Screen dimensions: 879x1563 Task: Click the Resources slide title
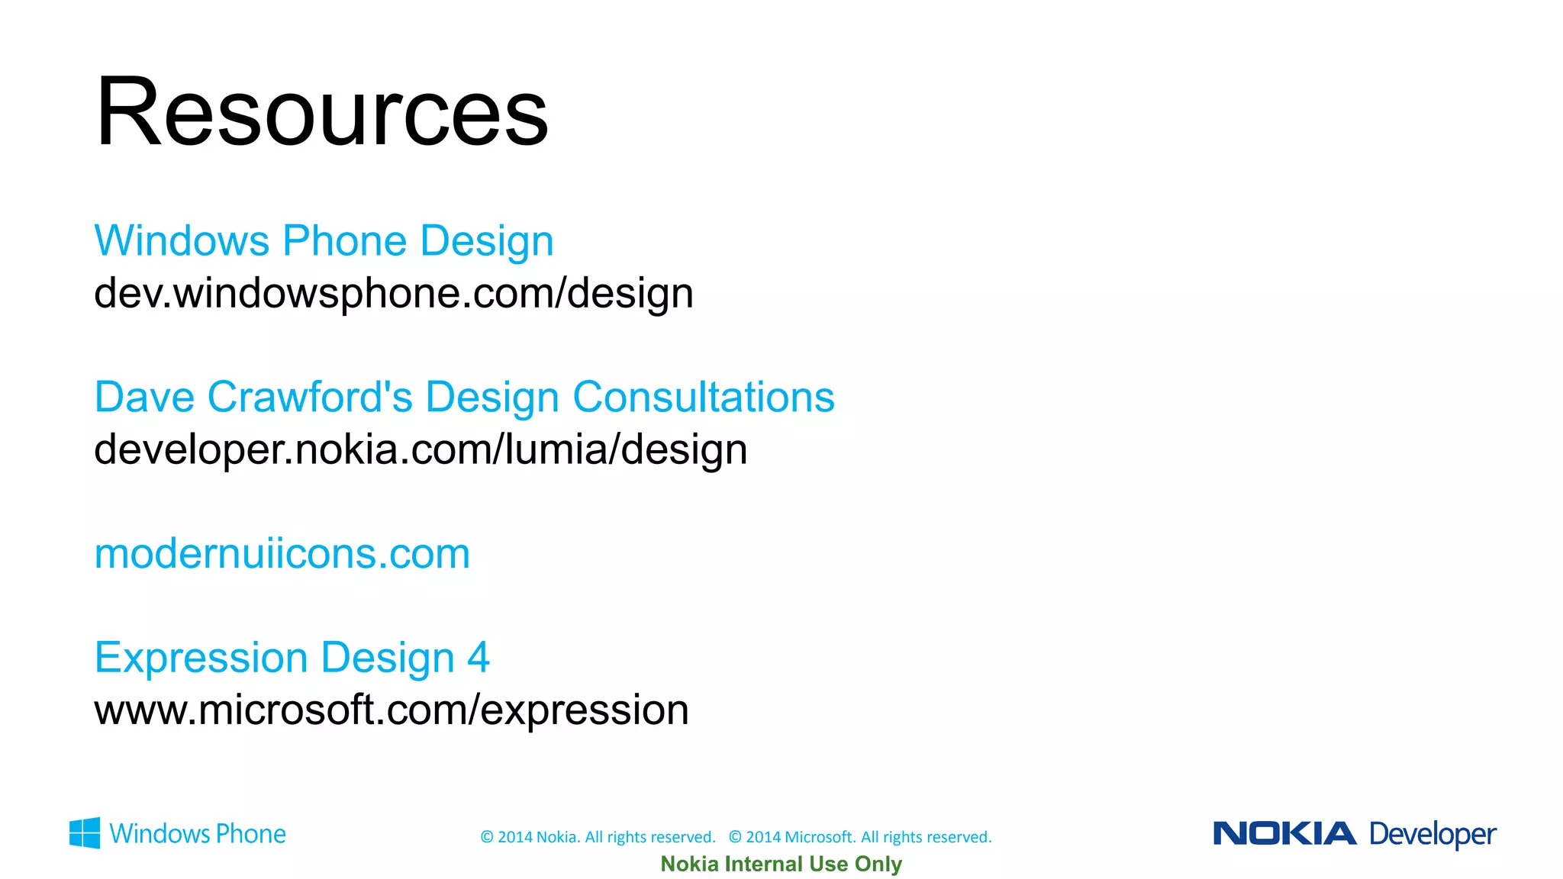321,112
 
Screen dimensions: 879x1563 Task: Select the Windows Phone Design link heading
324,241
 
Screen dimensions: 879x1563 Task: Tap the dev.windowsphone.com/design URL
393,294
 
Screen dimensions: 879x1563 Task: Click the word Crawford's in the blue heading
309,398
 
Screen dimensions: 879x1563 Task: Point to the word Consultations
703,398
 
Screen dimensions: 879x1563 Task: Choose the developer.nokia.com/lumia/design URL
421,449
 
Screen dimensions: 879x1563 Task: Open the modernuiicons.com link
282,554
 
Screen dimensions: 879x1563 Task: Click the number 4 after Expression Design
478,658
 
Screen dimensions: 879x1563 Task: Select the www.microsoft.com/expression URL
391,710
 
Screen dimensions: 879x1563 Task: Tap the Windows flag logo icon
85,833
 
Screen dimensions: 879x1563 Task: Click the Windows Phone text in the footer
198,834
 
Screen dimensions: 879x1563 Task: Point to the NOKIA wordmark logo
1284,833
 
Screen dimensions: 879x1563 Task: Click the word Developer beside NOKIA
1432,835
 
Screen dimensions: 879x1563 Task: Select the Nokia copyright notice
598,837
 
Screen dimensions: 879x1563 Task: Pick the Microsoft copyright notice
860,837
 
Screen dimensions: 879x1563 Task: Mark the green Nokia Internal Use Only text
781,864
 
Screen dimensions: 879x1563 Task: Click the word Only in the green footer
878,864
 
